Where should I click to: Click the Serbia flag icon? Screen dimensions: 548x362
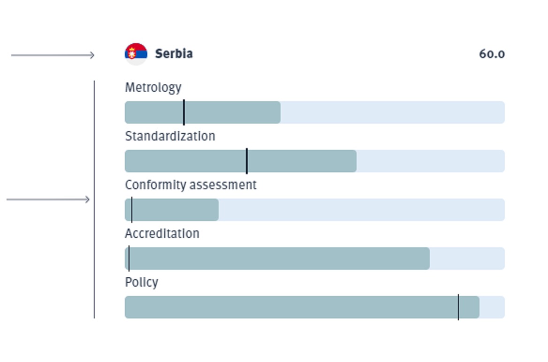(136, 54)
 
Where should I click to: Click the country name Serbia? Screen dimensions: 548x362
(174, 54)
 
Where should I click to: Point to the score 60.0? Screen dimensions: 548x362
(492, 54)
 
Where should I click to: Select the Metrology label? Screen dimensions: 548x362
(153, 88)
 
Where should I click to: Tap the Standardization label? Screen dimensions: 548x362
(170, 136)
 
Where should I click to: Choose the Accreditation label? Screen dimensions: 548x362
(162, 234)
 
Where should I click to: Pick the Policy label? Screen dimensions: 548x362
(142, 282)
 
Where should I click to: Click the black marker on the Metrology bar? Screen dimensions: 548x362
(184, 112)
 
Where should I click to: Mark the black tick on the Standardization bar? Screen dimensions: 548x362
(247, 161)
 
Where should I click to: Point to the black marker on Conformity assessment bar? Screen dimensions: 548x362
(132, 210)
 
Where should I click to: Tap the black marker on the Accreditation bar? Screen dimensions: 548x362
(129, 259)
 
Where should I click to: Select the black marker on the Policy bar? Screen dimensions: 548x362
(458, 307)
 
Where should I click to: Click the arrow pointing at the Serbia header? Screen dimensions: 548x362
(53, 55)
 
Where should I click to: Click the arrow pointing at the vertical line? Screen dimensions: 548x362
(48, 199)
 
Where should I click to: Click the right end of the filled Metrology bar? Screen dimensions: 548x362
(280, 112)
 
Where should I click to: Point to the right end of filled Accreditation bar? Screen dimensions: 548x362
(429, 259)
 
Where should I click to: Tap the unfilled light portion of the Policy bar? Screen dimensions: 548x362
(492, 307)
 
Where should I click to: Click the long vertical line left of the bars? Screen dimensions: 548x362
(94, 199)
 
